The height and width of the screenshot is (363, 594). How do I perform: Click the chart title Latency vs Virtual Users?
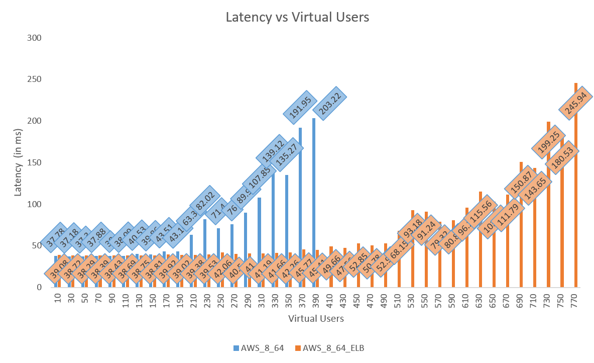297,17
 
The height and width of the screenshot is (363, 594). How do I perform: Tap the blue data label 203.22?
330,104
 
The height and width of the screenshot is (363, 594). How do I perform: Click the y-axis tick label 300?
35,38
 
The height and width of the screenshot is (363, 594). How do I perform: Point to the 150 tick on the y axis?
35,163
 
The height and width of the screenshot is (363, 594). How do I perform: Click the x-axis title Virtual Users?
316,318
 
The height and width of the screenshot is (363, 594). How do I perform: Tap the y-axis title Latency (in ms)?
19,163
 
